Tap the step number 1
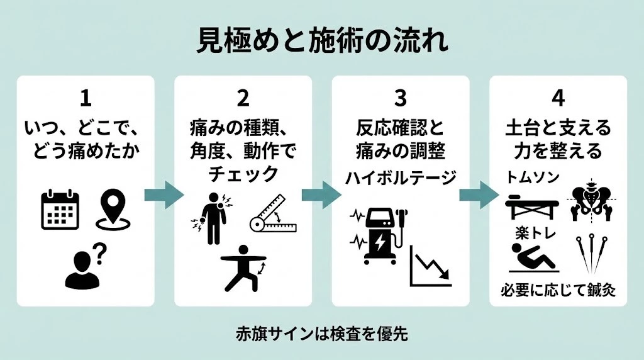pos(86,98)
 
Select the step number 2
pos(243,98)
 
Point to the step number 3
pos(401,98)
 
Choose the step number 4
pos(558,98)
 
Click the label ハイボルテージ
pos(401,178)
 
